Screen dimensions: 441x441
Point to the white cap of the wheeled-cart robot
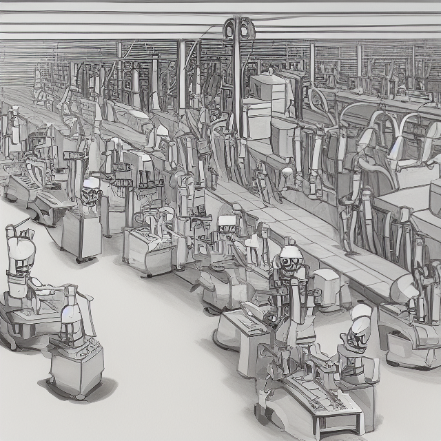tap(91, 183)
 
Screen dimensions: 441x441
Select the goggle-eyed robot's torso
tap(288, 289)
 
